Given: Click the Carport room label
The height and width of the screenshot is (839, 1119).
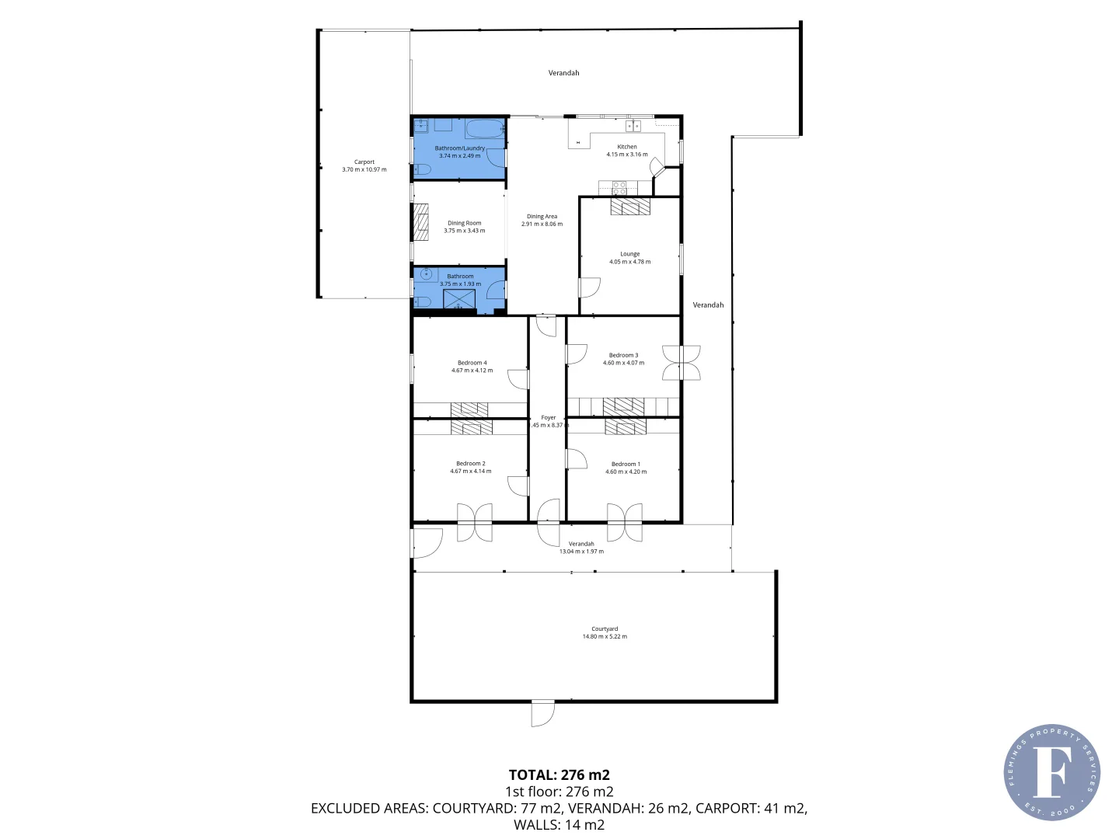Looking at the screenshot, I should coord(364,162).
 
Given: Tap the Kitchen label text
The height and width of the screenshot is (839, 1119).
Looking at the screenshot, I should coord(627,147).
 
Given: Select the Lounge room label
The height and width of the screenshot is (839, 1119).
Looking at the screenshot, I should coord(629,254).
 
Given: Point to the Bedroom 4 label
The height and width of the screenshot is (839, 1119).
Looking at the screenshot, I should coord(472,363).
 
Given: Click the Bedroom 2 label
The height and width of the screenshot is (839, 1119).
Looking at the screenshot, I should coord(470,464).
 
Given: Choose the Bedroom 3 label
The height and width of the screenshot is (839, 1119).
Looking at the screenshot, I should coord(623,355).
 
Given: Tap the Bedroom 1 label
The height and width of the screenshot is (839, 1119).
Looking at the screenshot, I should coord(626,464).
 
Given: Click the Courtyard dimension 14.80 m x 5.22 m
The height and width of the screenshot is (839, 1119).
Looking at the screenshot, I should coord(605,636).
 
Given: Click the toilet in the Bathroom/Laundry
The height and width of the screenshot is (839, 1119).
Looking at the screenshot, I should coord(421,169).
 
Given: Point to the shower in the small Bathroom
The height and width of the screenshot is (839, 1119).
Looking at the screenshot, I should coord(459,299).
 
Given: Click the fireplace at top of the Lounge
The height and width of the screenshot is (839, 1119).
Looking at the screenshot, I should coord(630,206).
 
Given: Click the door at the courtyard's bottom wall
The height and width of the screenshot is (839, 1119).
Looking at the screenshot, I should coord(542,712).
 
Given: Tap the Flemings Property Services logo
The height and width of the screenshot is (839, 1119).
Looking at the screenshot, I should coord(1051,772).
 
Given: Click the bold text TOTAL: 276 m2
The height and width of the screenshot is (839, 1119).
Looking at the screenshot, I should coord(559,775).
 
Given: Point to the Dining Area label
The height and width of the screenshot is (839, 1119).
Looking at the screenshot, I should coord(542,217).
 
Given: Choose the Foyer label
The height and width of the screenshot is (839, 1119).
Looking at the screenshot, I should coord(548,418).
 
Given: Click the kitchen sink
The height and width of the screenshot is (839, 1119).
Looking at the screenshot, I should coord(633,126).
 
